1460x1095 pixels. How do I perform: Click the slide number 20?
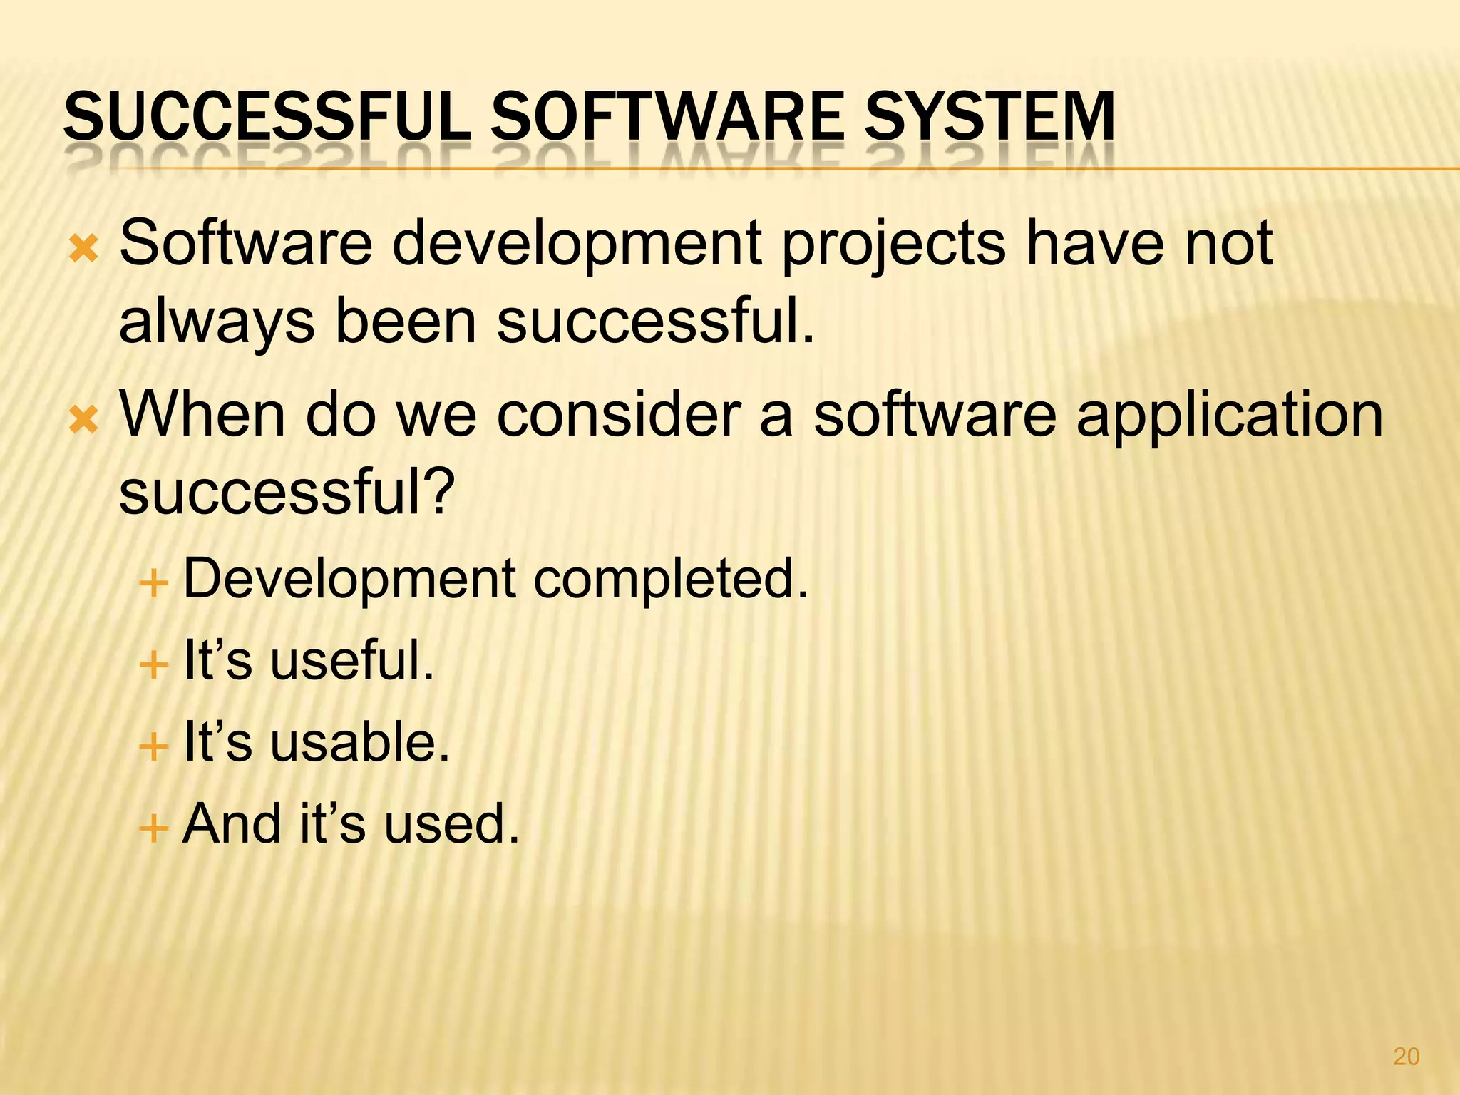tap(1406, 1056)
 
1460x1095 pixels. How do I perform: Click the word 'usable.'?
tap(360, 742)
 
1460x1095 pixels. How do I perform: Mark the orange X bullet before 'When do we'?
tap(84, 421)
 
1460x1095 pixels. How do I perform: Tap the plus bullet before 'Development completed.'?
tap(153, 584)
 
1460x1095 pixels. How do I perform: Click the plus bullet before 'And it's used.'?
tap(153, 829)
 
